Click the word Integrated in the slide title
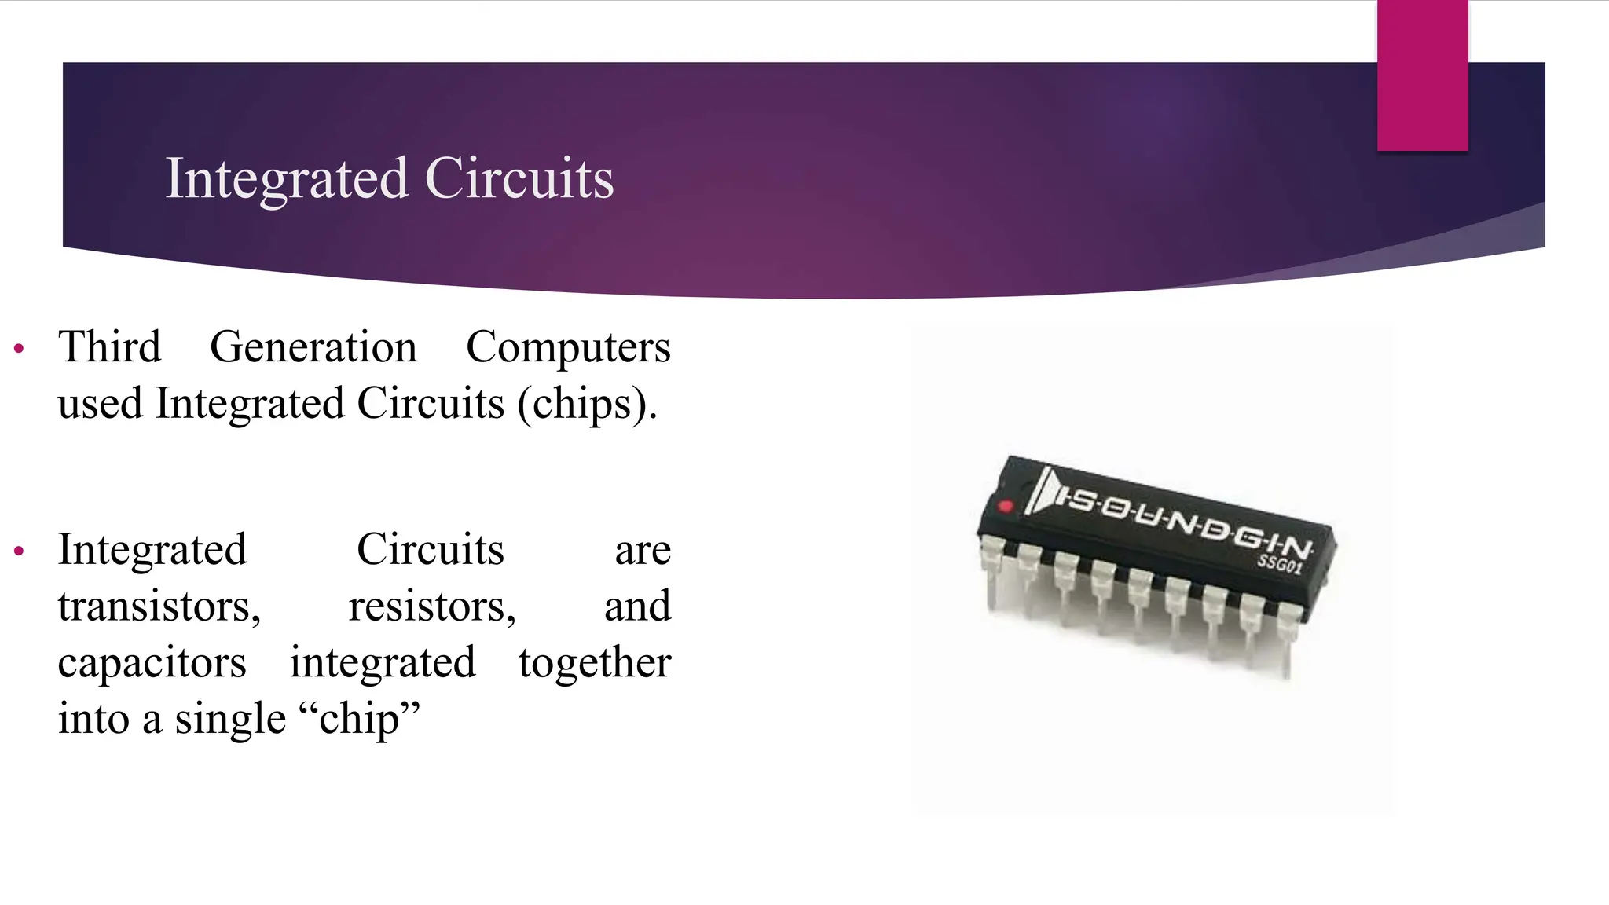pyautogui.click(x=287, y=179)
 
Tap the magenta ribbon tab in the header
pyautogui.click(x=1422, y=75)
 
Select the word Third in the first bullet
pyautogui.click(x=109, y=346)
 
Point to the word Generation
pyautogui.click(x=313, y=348)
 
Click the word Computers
pyautogui.click(x=568, y=348)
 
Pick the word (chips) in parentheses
pyautogui.click(x=586, y=404)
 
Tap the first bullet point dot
pyautogui.click(x=20, y=348)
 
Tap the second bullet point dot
pyautogui.click(x=20, y=551)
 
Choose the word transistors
pyautogui.click(x=159, y=606)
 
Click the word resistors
pyautogui.click(x=432, y=606)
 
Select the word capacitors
pyautogui.click(x=152, y=663)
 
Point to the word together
pyautogui.click(x=595, y=663)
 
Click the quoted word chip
pyautogui.click(x=360, y=719)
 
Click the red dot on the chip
pyautogui.click(x=1005, y=506)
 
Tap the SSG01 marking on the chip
pyautogui.click(x=1280, y=563)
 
